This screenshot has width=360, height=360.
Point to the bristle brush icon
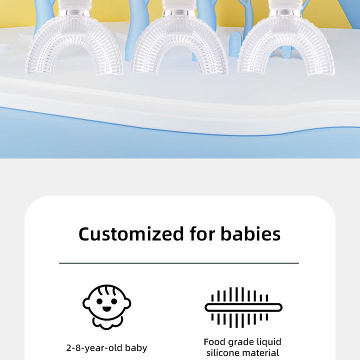point(243,307)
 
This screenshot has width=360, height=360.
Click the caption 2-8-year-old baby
point(107,347)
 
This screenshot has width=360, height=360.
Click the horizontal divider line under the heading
point(179,263)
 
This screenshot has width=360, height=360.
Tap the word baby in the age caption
point(136,347)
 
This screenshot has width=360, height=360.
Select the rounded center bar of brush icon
point(243,307)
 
